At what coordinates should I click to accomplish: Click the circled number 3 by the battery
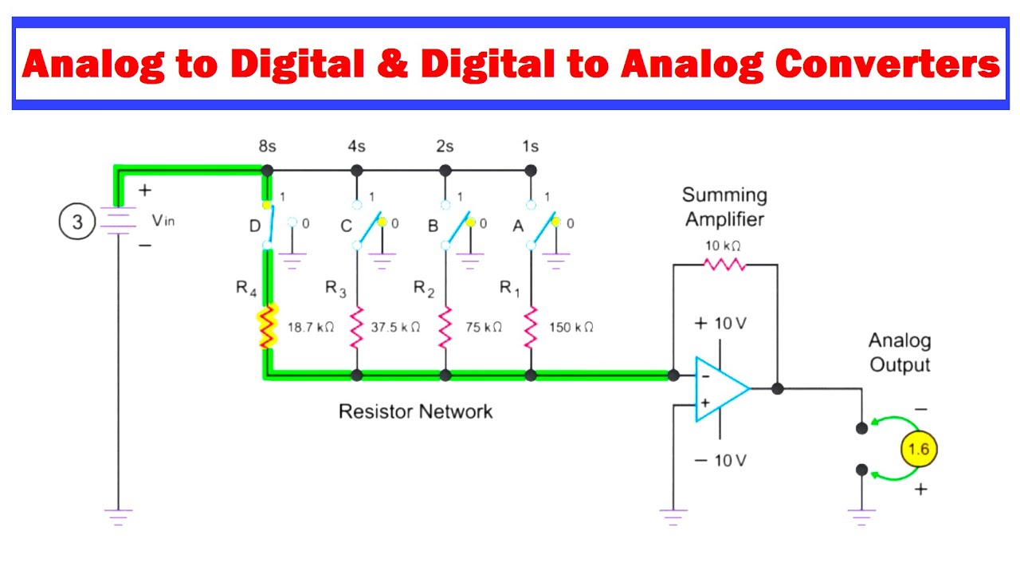tap(77, 222)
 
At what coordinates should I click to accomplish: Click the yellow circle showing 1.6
tap(918, 449)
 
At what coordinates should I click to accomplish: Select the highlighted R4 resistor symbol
tap(267, 327)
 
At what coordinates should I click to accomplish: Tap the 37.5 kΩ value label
tap(394, 327)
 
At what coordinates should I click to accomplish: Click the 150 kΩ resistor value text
tap(571, 327)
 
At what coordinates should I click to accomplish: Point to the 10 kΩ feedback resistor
tap(724, 265)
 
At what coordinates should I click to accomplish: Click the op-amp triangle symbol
tap(719, 389)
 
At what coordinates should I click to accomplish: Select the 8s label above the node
tap(267, 147)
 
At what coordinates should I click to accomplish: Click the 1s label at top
tap(530, 147)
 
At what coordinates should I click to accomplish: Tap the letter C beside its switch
tap(346, 226)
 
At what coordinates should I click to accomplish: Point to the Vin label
tap(163, 221)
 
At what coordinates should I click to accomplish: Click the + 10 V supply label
tap(720, 324)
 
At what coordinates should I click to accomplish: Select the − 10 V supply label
tap(720, 461)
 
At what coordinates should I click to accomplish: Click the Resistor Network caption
tap(415, 411)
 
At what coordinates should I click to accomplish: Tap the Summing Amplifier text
tap(724, 207)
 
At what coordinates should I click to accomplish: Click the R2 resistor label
tap(424, 289)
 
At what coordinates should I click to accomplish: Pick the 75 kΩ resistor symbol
tap(445, 327)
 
